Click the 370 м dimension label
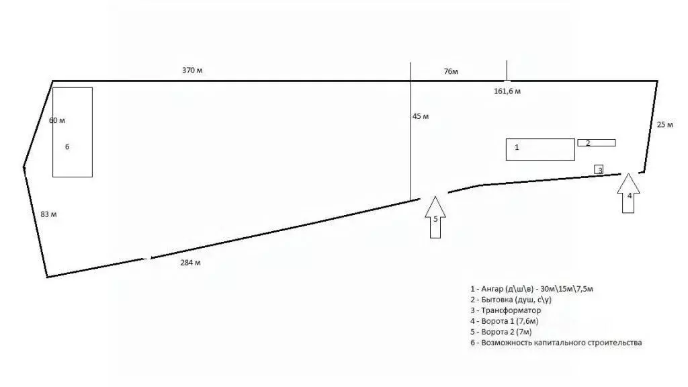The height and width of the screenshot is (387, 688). coord(192,70)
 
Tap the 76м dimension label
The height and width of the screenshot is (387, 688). coord(451,71)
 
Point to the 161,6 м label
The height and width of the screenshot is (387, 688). coord(507,91)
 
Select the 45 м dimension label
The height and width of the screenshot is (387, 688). coord(421,116)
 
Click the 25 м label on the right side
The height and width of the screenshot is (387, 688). coord(664,124)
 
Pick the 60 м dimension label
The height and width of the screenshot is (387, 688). coord(57,120)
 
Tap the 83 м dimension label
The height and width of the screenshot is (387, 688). coord(48,214)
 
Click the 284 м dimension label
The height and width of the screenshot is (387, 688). coord(190,263)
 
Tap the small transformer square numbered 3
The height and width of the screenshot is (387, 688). coord(599,169)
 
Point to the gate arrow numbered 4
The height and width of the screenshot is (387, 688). coord(628,193)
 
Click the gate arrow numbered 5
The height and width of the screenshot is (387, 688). coord(435,217)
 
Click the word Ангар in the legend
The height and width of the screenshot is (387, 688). coord(492,289)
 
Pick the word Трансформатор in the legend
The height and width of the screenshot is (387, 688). coord(511,310)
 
